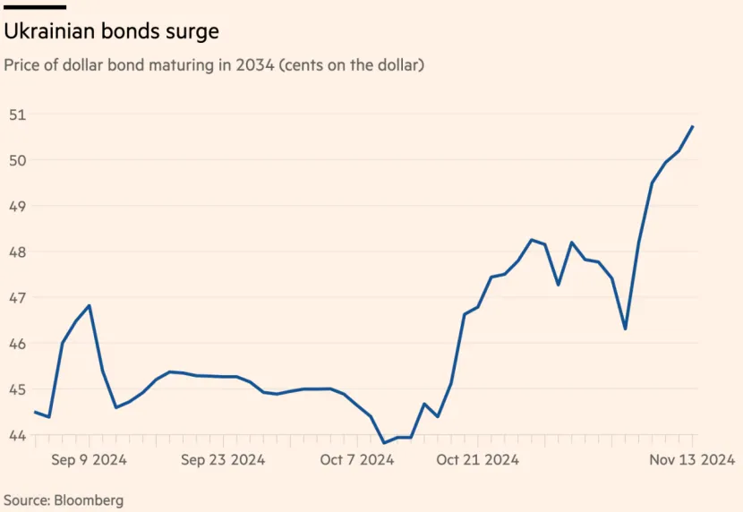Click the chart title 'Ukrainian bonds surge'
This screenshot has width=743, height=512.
(112, 31)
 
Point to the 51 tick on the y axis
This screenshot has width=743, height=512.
(17, 115)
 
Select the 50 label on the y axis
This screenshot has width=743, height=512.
(17, 160)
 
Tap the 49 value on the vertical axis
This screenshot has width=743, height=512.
(17, 206)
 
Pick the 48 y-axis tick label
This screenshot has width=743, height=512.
(17, 252)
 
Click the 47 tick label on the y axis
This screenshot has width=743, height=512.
(17, 298)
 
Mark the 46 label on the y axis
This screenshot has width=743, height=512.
(17, 344)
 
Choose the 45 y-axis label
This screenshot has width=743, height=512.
(17, 389)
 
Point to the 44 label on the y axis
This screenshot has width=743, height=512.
(17, 436)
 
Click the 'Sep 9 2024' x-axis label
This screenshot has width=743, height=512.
(89, 460)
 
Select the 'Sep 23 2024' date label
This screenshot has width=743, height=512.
(222, 460)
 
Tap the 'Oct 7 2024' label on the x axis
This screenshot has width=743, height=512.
(357, 460)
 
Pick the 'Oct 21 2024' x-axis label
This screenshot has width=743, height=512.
(477, 460)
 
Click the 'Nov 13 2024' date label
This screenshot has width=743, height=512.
(692, 460)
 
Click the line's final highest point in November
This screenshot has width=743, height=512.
(693, 126)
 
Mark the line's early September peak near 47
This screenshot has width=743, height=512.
(90, 305)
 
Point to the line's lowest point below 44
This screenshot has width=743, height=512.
(384, 442)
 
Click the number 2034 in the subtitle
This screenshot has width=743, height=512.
(253, 65)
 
